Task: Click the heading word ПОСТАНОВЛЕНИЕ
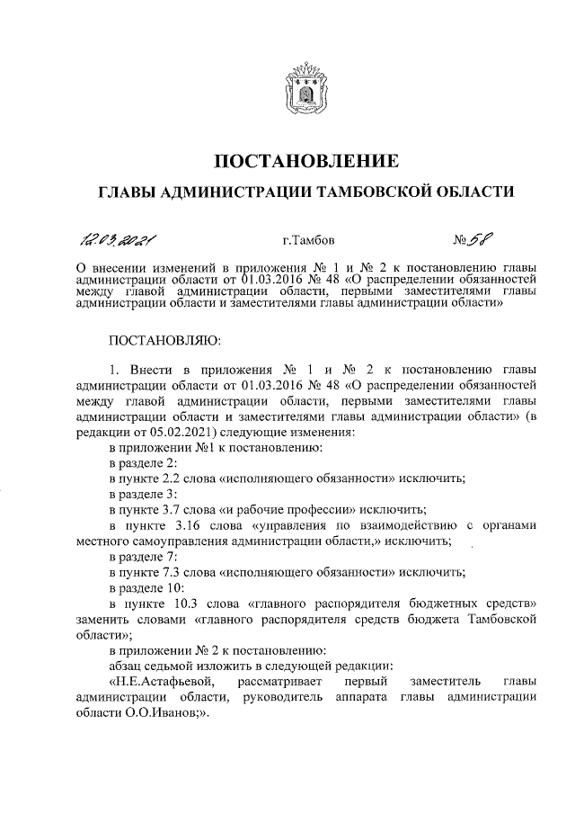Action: coord(304,162)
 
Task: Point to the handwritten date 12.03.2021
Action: coord(119,239)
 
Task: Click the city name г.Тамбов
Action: coord(310,240)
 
